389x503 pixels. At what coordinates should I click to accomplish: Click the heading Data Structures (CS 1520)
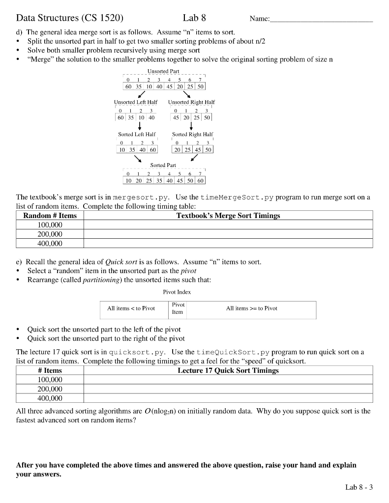point(70,18)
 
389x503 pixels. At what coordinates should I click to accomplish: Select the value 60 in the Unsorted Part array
point(128,87)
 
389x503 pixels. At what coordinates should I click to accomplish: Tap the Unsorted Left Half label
point(134,102)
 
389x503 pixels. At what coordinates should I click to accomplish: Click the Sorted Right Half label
point(192,134)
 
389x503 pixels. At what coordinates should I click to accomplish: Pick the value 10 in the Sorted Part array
point(128,181)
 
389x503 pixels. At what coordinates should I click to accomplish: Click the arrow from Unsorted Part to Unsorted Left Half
point(141,95)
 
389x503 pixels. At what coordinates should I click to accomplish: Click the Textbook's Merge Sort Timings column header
point(228,216)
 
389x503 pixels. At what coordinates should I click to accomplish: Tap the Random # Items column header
point(50,216)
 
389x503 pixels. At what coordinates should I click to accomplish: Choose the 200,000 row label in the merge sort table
point(50,234)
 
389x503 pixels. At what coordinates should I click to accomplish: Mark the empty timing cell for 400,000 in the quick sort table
point(228,398)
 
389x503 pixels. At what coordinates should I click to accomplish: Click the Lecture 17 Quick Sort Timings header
point(228,370)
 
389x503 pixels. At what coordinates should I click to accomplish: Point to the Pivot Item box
point(178,308)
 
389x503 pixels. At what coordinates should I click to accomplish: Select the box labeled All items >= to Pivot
point(251,308)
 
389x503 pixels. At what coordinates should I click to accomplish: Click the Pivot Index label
point(177,292)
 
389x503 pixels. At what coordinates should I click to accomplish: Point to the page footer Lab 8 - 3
point(359,487)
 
